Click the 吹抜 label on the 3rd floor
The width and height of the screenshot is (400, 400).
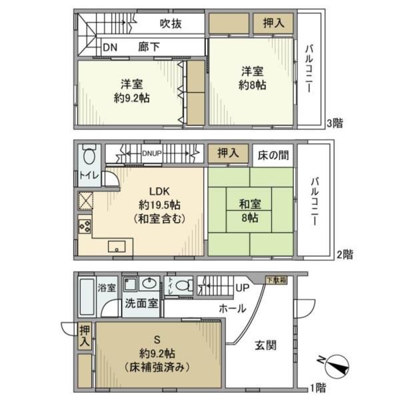171,23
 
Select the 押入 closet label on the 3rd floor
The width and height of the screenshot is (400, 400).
272,23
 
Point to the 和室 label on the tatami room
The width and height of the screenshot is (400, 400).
251,204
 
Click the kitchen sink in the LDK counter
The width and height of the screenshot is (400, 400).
117,245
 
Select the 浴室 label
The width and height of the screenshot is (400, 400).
107,288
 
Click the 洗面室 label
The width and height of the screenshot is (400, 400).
141,303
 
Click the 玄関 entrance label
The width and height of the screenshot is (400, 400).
266,345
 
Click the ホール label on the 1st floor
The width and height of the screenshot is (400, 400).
233,309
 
